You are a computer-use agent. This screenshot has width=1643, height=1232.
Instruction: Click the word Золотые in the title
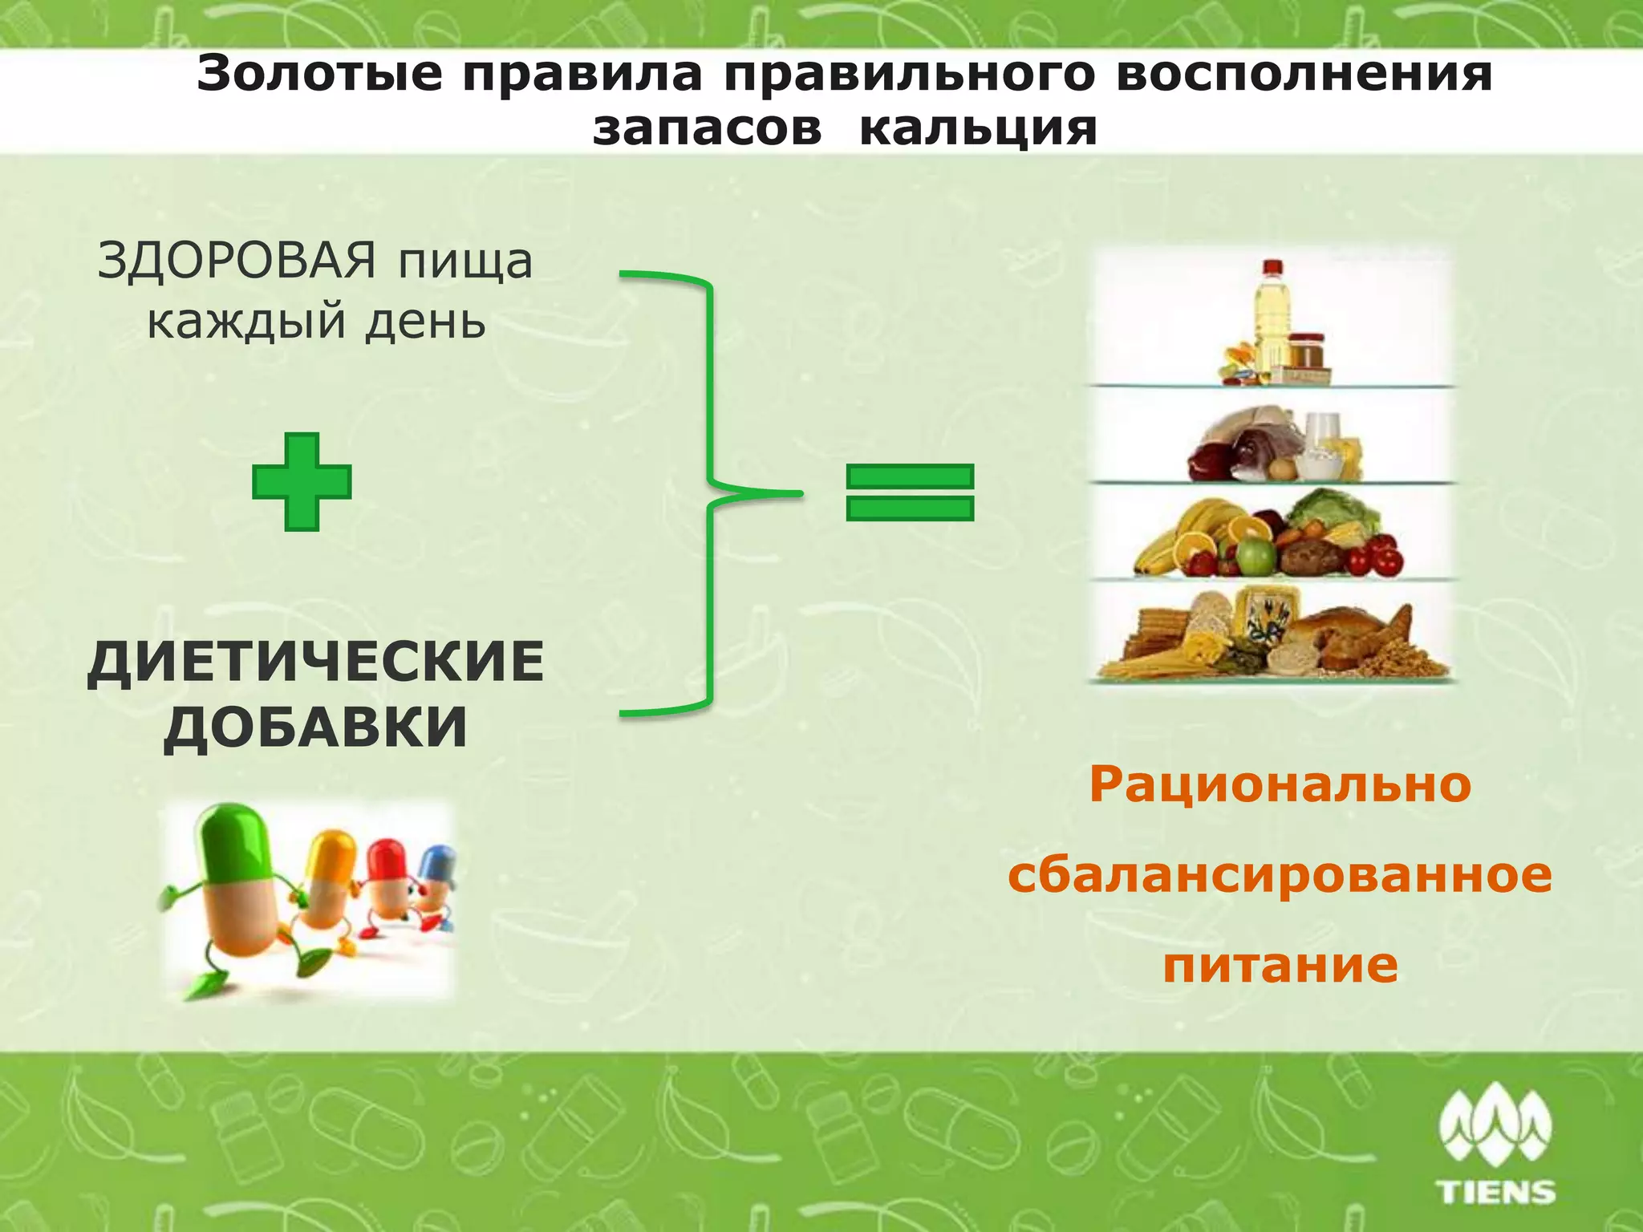tap(319, 74)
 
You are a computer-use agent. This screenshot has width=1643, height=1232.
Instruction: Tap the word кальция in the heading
tap(978, 128)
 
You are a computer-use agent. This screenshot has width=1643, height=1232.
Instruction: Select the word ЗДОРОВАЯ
tap(237, 261)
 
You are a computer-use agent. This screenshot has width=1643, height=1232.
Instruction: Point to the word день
tap(426, 322)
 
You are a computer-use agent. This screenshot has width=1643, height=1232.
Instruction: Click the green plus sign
tap(302, 482)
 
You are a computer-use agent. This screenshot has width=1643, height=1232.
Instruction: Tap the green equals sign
tap(910, 492)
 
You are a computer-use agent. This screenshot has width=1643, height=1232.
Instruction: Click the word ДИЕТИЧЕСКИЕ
tap(315, 663)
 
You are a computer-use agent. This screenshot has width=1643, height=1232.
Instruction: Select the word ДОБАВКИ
tap(315, 728)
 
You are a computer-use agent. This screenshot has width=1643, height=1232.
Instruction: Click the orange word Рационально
tap(1280, 784)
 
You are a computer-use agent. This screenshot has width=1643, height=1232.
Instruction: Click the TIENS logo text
tap(1497, 1191)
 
